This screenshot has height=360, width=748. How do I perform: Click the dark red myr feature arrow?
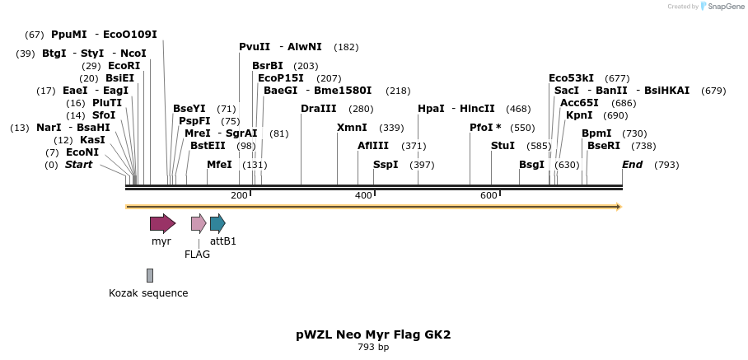pyautogui.click(x=162, y=223)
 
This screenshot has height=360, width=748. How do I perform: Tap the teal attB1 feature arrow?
pyautogui.click(x=217, y=223)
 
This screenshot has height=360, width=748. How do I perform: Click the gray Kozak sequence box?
pyautogui.click(x=150, y=275)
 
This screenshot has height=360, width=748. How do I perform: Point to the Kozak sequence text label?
pyautogui.click(x=148, y=293)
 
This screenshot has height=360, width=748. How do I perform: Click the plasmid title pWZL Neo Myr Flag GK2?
pyautogui.click(x=373, y=334)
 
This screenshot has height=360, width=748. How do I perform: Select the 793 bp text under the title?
pyautogui.click(x=373, y=348)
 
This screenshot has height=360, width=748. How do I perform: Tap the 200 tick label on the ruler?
pyautogui.click(x=239, y=196)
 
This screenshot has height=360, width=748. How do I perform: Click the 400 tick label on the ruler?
pyautogui.click(x=363, y=196)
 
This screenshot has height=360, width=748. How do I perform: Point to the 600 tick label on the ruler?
pyautogui.click(x=489, y=196)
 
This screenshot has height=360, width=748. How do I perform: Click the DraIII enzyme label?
pyautogui.click(x=318, y=109)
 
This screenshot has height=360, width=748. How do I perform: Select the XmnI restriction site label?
pyautogui.click(x=352, y=128)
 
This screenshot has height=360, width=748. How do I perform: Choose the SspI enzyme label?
pyautogui.click(x=386, y=165)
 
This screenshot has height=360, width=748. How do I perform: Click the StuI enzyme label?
pyautogui.click(x=503, y=146)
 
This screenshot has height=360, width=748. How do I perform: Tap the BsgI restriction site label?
pyautogui.click(x=531, y=165)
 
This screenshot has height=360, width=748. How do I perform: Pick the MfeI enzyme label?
pyautogui.click(x=219, y=165)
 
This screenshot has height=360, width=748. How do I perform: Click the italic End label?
pyautogui.click(x=632, y=165)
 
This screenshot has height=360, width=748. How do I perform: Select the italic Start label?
pyautogui.click(x=79, y=165)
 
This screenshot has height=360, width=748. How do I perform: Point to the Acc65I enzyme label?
pyautogui.click(x=579, y=103)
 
